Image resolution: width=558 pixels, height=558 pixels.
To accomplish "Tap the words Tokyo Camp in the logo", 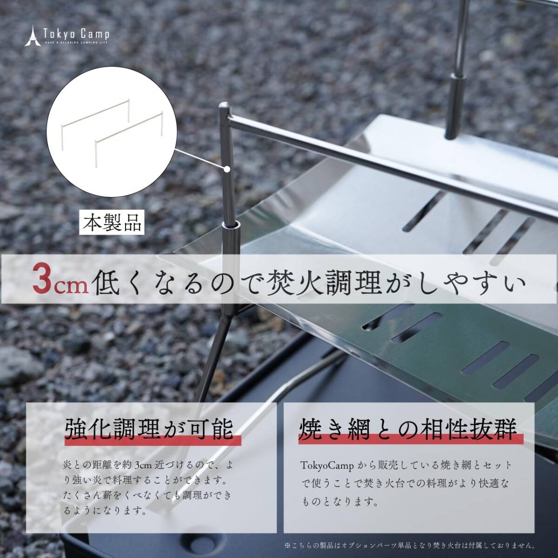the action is pos(76,34).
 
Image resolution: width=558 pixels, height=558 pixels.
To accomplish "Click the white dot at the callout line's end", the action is pos(227,169).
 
